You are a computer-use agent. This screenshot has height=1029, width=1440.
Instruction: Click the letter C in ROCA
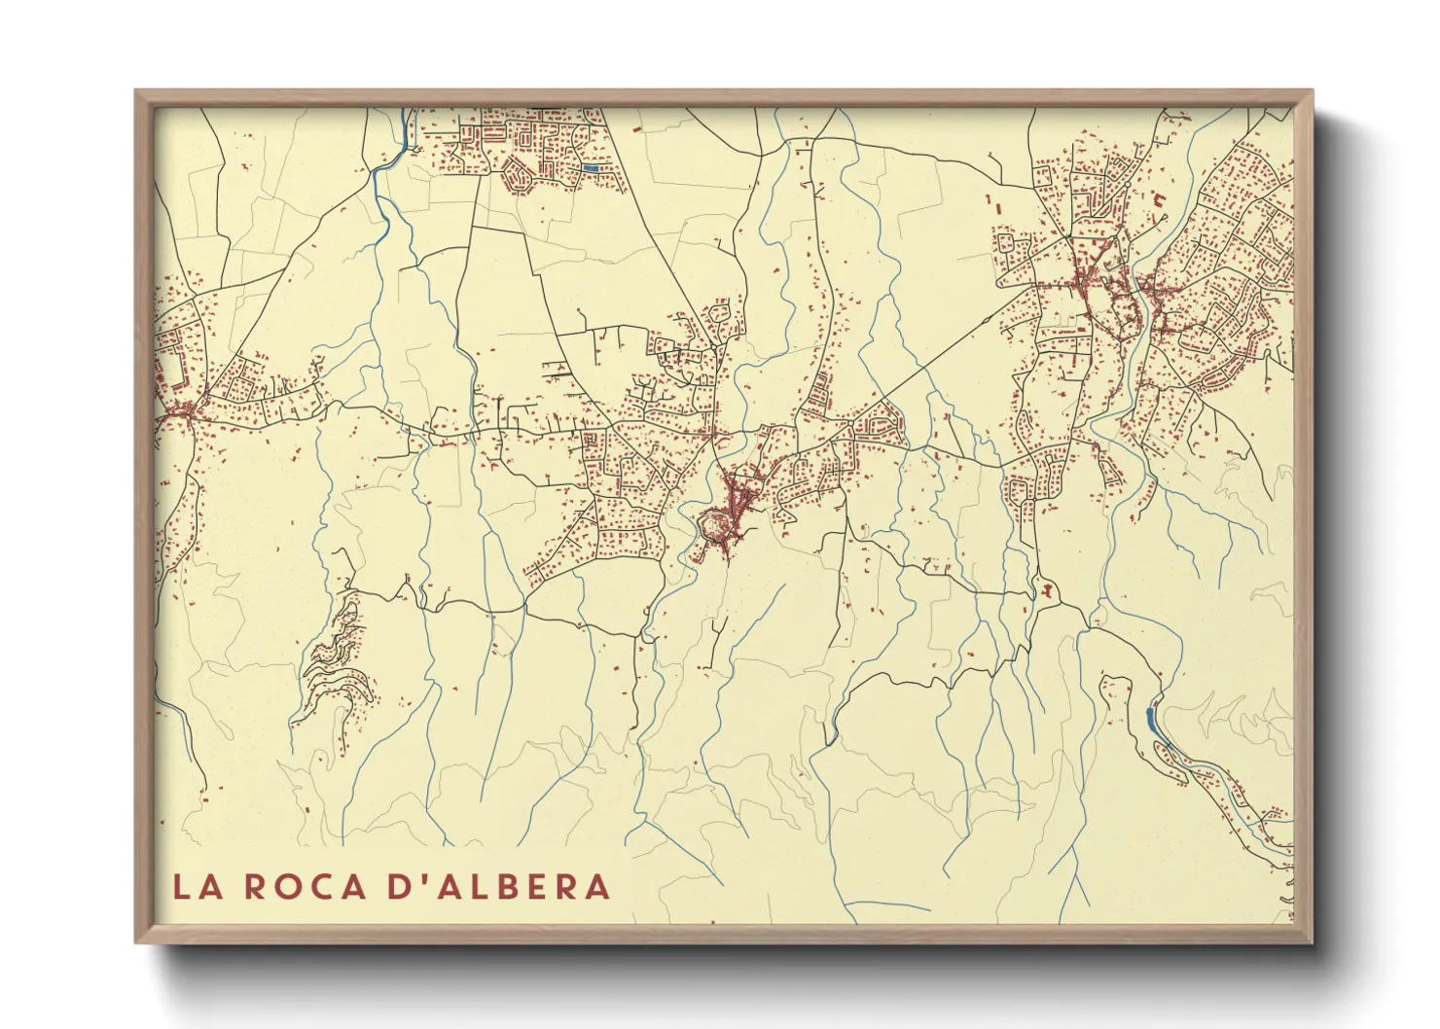pyautogui.click(x=325, y=887)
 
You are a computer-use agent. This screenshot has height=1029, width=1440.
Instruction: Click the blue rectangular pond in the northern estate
pyautogui.click(x=591, y=168)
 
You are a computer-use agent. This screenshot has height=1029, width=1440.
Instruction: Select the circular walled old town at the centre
pyautogui.click(x=716, y=526)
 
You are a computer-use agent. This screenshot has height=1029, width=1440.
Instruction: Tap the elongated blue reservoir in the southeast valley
pyautogui.click(x=1152, y=721)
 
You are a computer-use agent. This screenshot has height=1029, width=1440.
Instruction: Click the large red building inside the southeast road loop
pyautogui.click(x=1047, y=588)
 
